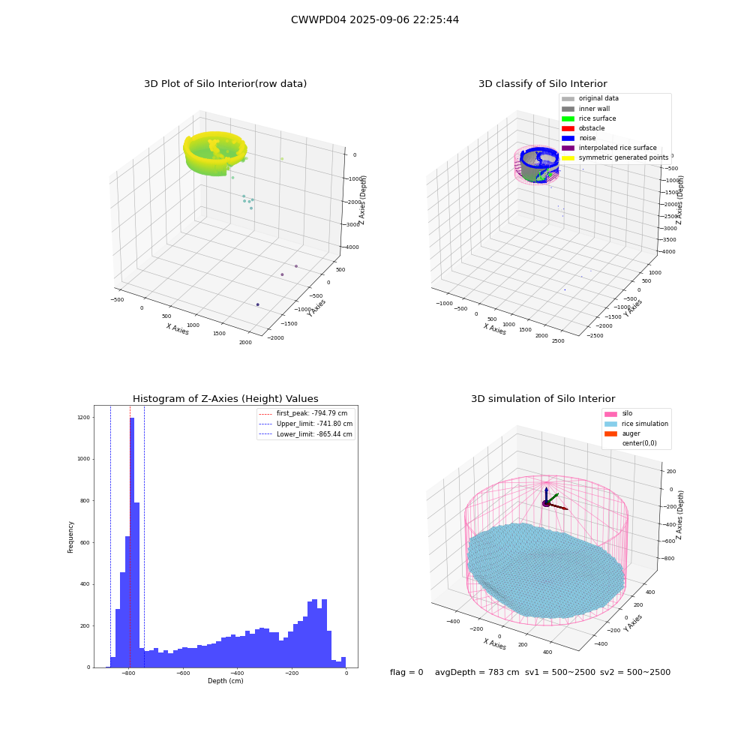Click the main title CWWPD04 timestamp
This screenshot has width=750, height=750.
pos(374,19)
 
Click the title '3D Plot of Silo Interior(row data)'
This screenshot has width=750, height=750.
pos(225,84)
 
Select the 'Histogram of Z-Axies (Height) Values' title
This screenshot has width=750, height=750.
pos(225,398)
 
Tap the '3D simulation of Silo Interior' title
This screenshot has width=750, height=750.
pos(543,398)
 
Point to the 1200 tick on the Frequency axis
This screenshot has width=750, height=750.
pos(83,417)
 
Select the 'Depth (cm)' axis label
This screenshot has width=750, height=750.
pos(225,681)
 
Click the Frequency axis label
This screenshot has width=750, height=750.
pos(70,537)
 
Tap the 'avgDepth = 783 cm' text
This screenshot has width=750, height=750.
pos(477,672)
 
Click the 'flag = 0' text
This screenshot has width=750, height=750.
pos(406,672)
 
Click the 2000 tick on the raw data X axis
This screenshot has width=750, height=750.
pos(245,342)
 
